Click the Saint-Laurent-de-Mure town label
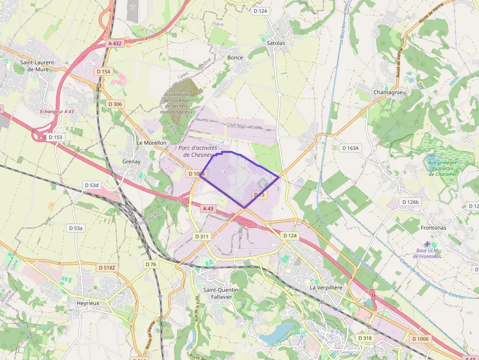click(x=37, y=66)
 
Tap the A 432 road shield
click(x=115, y=43)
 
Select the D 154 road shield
click(x=104, y=71)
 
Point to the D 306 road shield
click(x=115, y=104)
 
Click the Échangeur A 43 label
click(x=57, y=111)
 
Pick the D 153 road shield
click(x=56, y=137)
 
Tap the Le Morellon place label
click(x=152, y=143)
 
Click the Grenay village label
click(x=131, y=161)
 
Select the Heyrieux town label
click(x=88, y=303)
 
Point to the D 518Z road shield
click(x=107, y=268)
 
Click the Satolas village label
click(x=276, y=43)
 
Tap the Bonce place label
click(x=235, y=57)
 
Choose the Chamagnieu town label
click(x=390, y=92)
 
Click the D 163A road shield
click(x=350, y=148)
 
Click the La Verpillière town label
click(x=327, y=287)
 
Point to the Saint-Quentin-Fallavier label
click(x=221, y=294)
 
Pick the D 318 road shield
click(x=365, y=338)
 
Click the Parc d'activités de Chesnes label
click(x=197, y=151)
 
